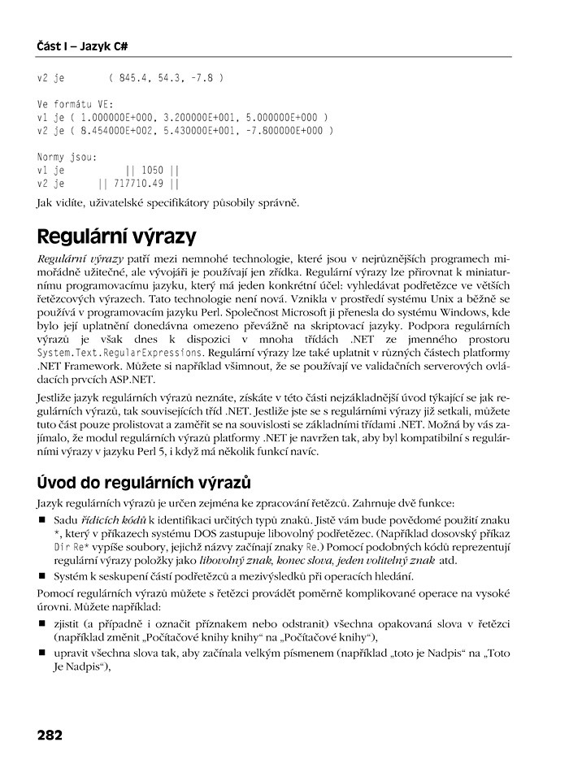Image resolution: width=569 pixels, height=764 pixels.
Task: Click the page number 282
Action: (50, 735)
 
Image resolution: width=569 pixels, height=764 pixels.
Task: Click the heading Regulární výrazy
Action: (116, 237)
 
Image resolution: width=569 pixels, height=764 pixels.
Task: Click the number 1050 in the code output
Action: (152, 171)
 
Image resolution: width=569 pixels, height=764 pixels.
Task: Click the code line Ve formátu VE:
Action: (76, 104)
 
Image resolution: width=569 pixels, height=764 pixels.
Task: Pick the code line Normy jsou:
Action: (67, 157)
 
